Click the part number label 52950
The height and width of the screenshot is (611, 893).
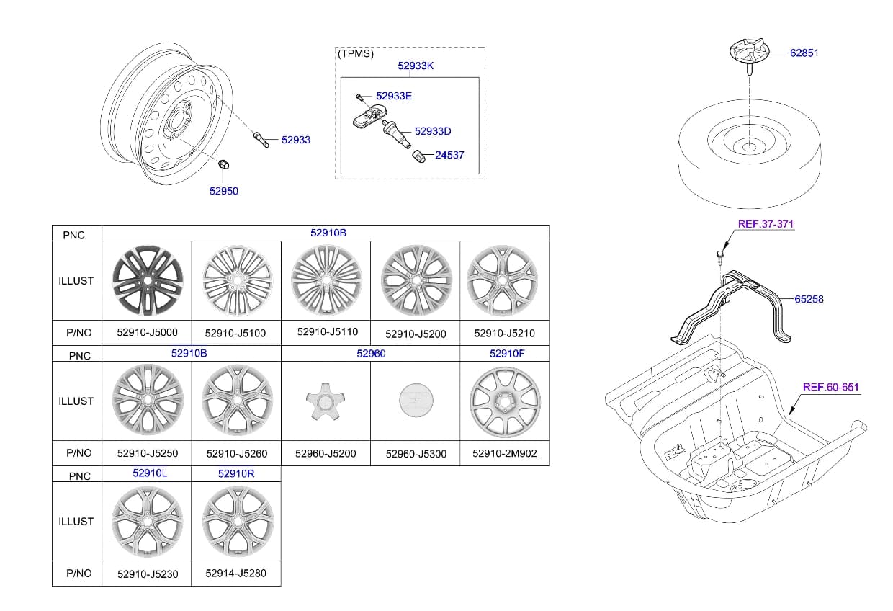pos(224,191)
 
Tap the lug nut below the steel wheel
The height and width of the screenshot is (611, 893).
pos(224,164)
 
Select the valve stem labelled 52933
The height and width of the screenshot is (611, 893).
pos(261,140)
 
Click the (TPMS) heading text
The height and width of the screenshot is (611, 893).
pos(356,53)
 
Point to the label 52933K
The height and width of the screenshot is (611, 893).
pos(416,66)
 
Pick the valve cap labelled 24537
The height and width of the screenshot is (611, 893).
pos(418,156)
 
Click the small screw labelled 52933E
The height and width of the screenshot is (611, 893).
pos(359,97)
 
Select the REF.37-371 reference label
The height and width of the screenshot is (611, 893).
pos(766,224)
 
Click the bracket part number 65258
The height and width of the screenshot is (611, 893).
pos(809,299)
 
